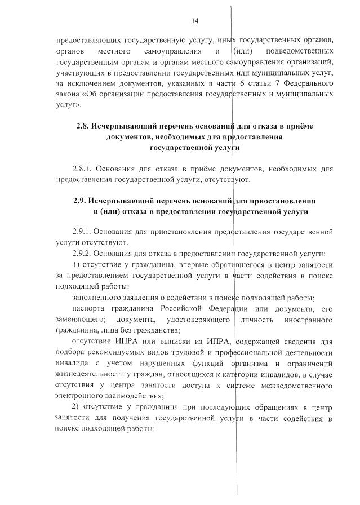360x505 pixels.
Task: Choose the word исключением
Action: coord(91,83)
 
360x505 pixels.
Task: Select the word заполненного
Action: coord(100,298)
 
